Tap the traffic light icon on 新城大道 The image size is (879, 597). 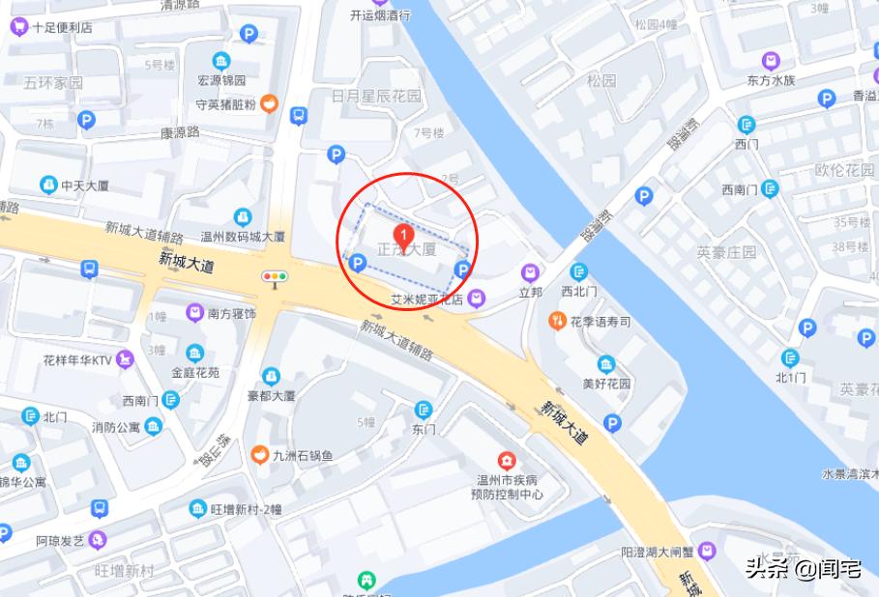coord(275,277)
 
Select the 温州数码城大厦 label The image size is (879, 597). coord(242,236)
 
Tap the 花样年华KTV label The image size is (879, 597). coord(77,360)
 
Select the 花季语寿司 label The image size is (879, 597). coord(601,321)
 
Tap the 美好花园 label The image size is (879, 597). coord(606,383)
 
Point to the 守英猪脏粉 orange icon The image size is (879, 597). coord(270,103)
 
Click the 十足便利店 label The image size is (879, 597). coord(62,27)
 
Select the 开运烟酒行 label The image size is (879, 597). coord(380,14)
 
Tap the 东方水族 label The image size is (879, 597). coord(771,80)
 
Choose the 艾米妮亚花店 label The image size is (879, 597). coord(426,298)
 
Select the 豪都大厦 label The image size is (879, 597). coord(271,395)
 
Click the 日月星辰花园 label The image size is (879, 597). coord(376,97)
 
